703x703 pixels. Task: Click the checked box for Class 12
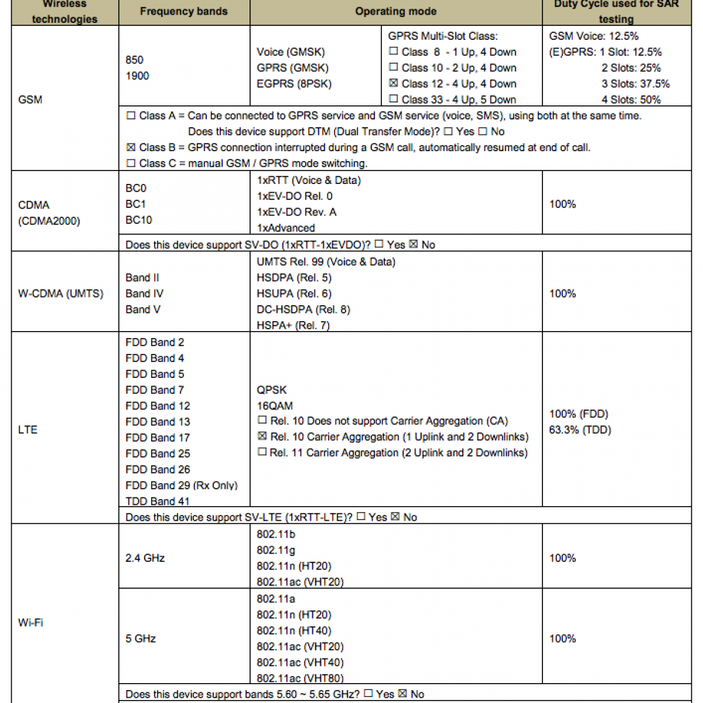pyautogui.click(x=394, y=83)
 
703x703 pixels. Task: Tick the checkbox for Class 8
pyautogui.click(x=394, y=52)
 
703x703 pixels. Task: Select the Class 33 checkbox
pyautogui.click(x=394, y=99)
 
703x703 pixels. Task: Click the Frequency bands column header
pyautogui.click(x=183, y=11)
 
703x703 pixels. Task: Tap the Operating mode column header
pyautogui.click(x=395, y=11)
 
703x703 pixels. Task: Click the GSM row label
pyautogui.click(x=30, y=100)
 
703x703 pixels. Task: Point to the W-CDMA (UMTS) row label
pyautogui.click(x=60, y=294)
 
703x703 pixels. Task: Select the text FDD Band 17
pyautogui.click(x=158, y=438)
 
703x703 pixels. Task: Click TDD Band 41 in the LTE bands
pyautogui.click(x=157, y=501)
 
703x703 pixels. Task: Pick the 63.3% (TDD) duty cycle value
pyautogui.click(x=580, y=430)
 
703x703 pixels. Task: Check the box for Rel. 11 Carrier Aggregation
pyautogui.click(x=262, y=452)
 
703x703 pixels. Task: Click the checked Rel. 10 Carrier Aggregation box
pyautogui.click(x=262, y=436)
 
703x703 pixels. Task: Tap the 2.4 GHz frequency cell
pyautogui.click(x=145, y=558)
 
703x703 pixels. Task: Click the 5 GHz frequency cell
pyautogui.click(x=141, y=639)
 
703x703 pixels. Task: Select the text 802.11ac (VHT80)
pyautogui.click(x=300, y=678)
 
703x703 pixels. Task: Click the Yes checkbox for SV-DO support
pyautogui.click(x=379, y=244)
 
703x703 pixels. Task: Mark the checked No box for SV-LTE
pyautogui.click(x=395, y=517)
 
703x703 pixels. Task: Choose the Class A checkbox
pyautogui.click(x=131, y=115)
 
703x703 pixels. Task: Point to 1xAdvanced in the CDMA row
pyautogui.click(x=285, y=228)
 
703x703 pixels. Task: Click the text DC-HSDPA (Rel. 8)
pyautogui.click(x=303, y=309)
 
